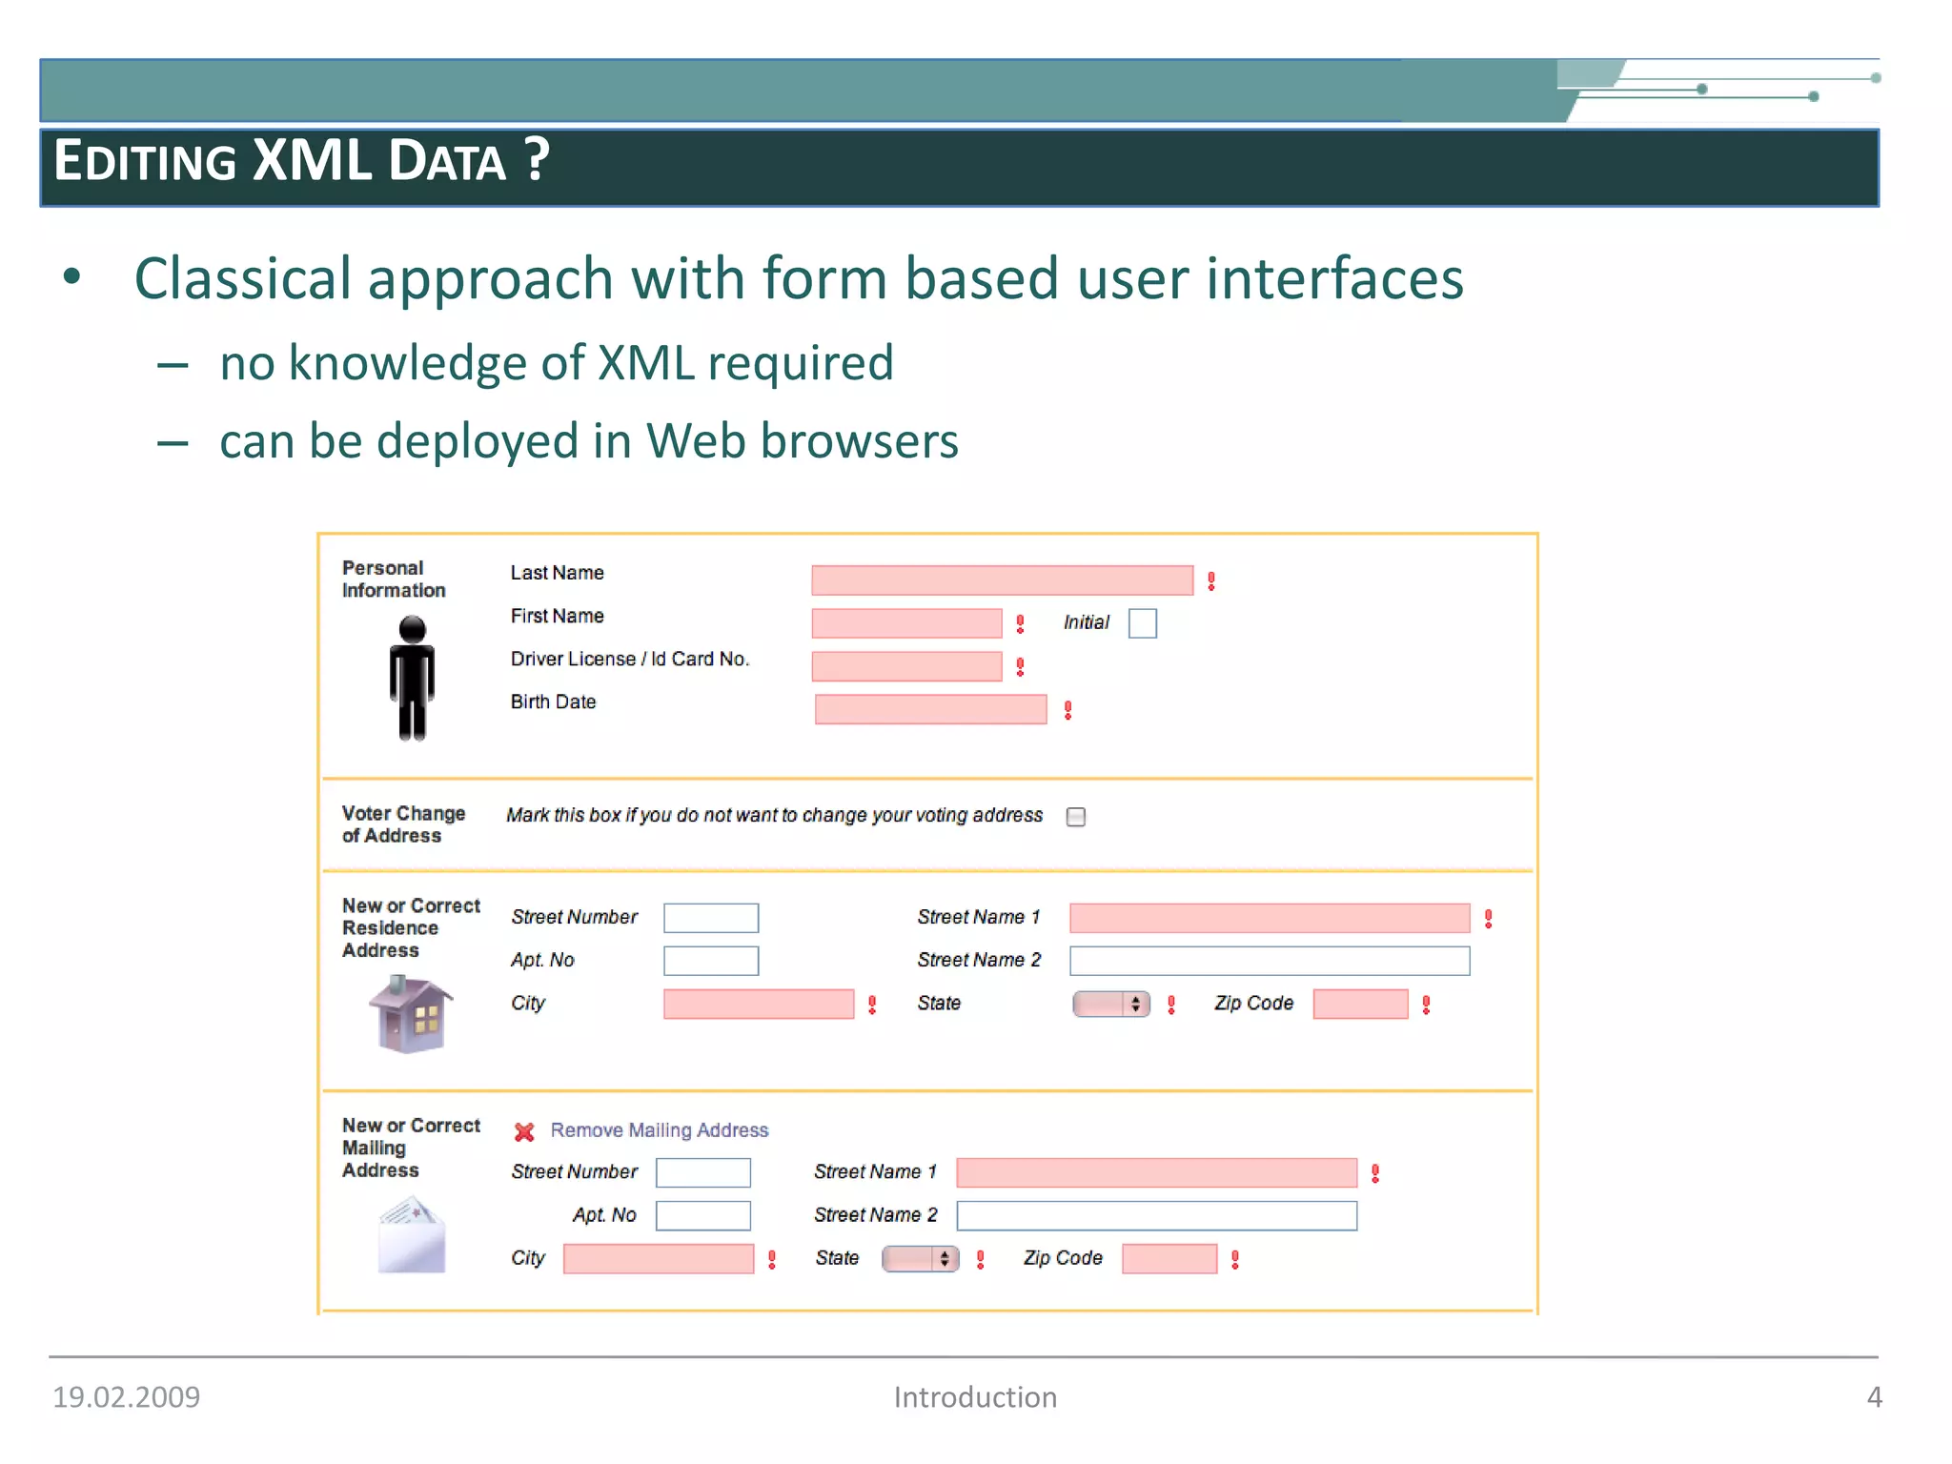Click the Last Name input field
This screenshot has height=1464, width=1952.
1002,580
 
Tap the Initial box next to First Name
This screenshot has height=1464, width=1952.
1142,623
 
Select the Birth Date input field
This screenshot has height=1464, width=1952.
930,709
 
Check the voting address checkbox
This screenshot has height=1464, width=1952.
1076,817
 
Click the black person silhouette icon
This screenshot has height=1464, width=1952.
412,678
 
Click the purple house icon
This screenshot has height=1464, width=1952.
410,1015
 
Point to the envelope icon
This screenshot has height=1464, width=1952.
411,1236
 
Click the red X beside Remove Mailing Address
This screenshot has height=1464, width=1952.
524,1131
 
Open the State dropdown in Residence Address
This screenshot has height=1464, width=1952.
1111,1004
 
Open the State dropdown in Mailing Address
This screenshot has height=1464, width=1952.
920,1259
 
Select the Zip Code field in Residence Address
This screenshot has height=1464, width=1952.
1360,1004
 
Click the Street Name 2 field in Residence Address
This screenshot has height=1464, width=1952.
1270,961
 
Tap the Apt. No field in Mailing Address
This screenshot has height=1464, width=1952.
703,1216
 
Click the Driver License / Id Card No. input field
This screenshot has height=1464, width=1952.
906,666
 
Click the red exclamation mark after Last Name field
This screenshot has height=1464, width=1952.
1211,581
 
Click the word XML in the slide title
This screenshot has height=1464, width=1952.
312,160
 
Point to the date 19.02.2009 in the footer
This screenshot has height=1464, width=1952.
126,1397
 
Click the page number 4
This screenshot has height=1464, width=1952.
1874,1397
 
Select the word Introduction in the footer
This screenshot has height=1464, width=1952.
975,1397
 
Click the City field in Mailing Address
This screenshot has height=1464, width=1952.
659,1259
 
